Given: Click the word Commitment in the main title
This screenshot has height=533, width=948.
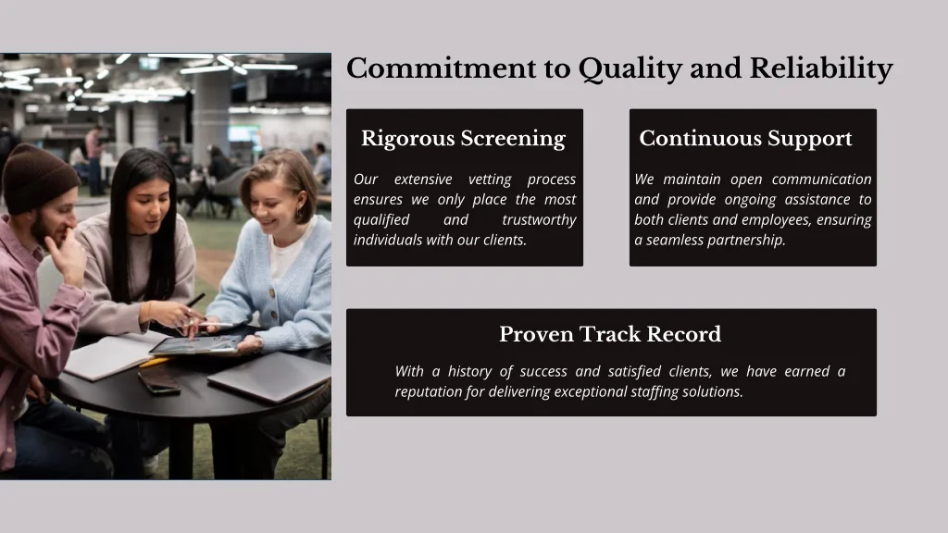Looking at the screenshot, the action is [442, 68].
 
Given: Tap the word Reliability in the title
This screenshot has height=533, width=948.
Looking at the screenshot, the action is [821, 69].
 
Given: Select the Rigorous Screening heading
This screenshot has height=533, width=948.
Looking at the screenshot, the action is [463, 139].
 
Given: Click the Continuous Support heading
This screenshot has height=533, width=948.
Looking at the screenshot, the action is [745, 139].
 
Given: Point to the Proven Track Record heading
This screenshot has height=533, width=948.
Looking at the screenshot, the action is [610, 334].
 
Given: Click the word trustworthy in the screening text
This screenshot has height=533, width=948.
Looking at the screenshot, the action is [539, 220].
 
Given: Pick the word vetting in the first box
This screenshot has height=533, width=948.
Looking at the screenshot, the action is [490, 180].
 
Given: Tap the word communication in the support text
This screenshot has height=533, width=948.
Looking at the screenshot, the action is [822, 180].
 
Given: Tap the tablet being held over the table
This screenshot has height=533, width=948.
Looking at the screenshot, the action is [194, 345].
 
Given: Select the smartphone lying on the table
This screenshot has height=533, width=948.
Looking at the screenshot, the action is [159, 382].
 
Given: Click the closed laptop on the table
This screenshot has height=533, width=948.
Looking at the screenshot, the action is [268, 376].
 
